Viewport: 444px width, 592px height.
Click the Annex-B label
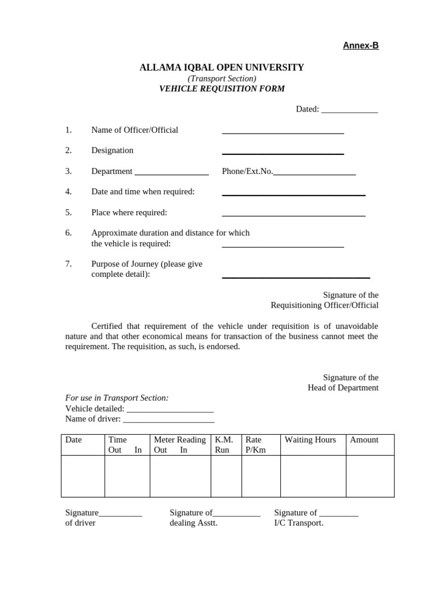361,46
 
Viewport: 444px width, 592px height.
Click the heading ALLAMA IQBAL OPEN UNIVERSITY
221,68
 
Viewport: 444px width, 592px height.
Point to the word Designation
112,150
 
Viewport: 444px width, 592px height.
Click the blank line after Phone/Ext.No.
314,173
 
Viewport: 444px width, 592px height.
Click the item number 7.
68,264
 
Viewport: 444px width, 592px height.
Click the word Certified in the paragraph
109,326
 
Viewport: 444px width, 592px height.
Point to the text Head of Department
343,388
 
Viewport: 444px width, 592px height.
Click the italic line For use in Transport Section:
117,398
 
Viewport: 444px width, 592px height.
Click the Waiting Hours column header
310,440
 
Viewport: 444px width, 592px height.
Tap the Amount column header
364,440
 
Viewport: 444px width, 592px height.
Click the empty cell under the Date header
83,476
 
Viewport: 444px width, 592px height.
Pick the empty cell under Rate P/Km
260,476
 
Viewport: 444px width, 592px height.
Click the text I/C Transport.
298,523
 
